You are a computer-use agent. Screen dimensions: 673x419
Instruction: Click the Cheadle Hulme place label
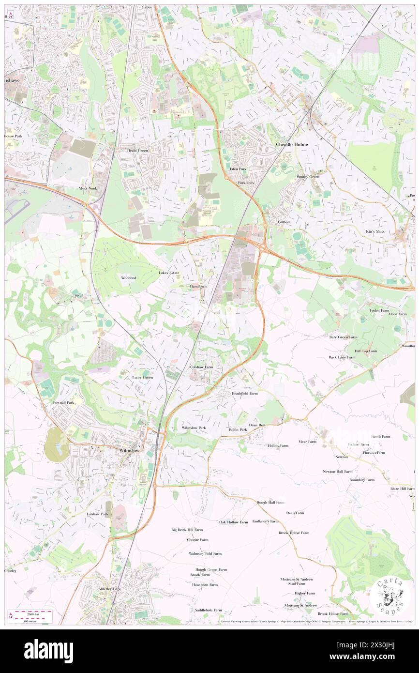click(291, 144)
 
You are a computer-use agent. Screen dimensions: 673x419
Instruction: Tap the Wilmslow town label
click(129, 450)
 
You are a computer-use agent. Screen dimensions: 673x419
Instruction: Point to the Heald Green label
click(137, 151)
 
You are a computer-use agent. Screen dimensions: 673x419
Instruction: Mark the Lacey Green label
click(142, 377)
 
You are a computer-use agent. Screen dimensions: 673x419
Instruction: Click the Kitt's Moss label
click(374, 231)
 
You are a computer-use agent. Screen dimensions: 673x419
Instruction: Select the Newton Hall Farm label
click(337, 471)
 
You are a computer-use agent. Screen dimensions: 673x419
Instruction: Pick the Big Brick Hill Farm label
click(187, 530)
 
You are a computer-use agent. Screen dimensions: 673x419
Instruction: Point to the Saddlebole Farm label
click(208, 610)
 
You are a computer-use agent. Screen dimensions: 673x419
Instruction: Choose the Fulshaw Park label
click(97, 514)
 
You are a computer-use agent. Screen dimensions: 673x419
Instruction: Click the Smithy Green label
click(308, 177)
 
